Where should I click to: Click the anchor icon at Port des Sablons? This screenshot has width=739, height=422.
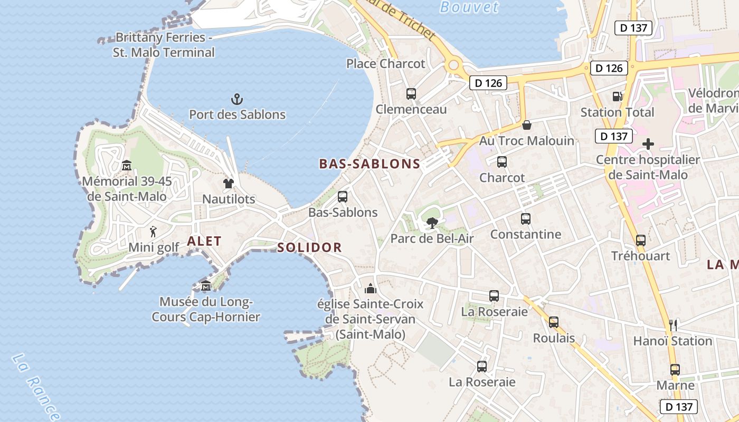click(x=237, y=99)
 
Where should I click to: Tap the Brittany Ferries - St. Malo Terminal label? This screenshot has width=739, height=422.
click(x=164, y=45)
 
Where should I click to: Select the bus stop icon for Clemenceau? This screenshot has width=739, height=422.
click(x=411, y=94)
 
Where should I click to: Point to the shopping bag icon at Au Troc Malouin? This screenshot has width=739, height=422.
click(x=526, y=125)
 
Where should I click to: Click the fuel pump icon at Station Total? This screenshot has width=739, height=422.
click(x=617, y=97)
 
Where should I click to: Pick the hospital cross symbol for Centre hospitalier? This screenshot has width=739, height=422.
click(x=648, y=144)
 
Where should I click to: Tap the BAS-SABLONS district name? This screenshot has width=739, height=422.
click(x=369, y=164)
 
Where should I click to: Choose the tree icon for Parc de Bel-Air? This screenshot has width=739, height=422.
click(x=432, y=223)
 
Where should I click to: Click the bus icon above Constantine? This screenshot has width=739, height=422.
click(x=525, y=218)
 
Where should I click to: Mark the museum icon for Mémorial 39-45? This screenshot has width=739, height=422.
click(x=127, y=166)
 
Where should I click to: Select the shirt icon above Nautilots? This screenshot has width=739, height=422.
click(x=228, y=184)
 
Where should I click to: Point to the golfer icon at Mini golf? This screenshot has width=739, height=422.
click(x=153, y=231)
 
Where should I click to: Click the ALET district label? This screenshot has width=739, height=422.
click(x=204, y=242)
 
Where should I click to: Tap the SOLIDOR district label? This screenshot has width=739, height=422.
click(x=309, y=247)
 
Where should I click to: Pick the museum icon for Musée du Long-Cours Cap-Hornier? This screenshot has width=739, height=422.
click(x=206, y=286)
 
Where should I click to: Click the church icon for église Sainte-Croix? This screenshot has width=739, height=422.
click(x=370, y=289)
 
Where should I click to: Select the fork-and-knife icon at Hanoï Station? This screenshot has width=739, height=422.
click(x=673, y=325)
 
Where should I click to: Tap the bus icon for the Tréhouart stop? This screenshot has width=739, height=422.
click(x=640, y=241)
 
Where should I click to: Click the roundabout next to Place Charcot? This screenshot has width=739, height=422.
click(x=453, y=65)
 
